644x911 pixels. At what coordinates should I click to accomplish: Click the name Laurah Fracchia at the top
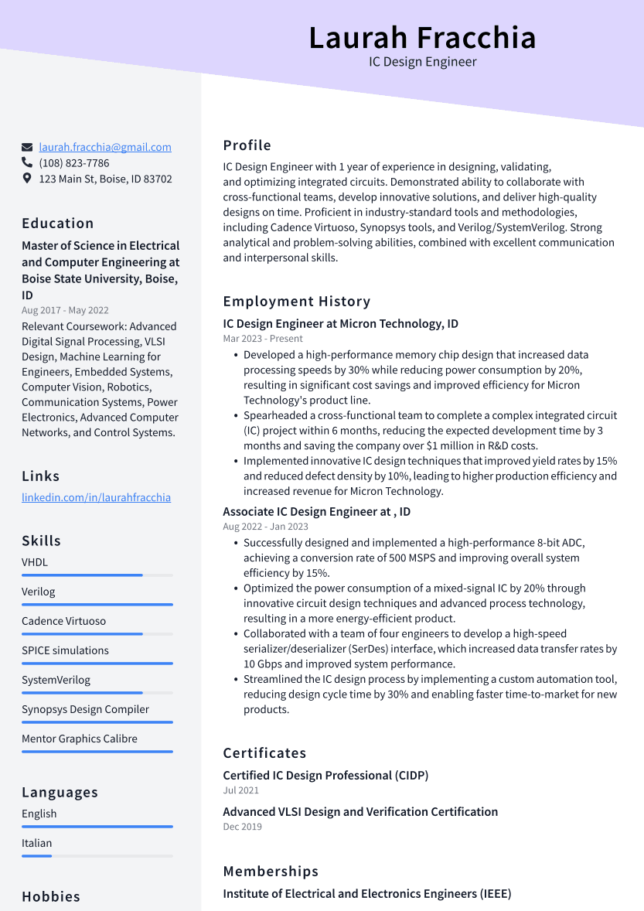422,38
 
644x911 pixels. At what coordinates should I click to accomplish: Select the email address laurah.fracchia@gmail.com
105,147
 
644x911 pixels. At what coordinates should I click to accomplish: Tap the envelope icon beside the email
27,147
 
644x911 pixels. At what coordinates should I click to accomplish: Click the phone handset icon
27,162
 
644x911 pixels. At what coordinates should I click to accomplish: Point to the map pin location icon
27,179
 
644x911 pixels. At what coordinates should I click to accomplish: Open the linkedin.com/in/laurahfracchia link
96,497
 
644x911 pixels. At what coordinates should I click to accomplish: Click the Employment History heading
297,302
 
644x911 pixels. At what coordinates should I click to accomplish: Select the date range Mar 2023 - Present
263,339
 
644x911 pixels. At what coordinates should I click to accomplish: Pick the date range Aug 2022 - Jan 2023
265,527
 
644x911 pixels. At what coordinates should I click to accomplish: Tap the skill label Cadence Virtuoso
63,621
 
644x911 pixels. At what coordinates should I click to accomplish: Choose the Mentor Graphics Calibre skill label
80,739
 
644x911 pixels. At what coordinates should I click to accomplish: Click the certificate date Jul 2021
241,790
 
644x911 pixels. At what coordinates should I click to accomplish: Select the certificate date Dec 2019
242,827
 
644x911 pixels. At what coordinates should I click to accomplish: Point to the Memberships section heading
271,872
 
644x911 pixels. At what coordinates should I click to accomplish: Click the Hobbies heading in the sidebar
51,897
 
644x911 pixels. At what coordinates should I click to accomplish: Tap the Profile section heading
247,145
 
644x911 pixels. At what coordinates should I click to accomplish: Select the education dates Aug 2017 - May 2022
65,310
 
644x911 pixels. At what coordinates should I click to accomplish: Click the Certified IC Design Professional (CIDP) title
325,775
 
